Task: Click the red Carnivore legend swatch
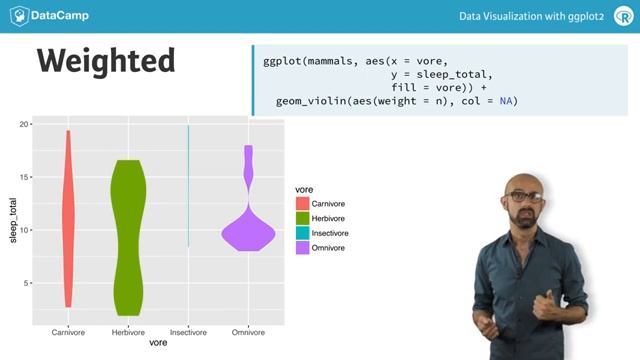click(x=302, y=204)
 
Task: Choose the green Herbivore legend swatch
click(x=302, y=218)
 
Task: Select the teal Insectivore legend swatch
click(x=302, y=233)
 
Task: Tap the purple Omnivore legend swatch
click(x=302, y=247)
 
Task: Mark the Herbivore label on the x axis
click(x=128, y=331)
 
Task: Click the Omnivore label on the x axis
click(x=247, y=331)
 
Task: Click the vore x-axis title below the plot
click(x=158, y=343)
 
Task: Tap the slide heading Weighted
click(x=106, y=60)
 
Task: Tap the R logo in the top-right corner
click(x=613, y=16)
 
